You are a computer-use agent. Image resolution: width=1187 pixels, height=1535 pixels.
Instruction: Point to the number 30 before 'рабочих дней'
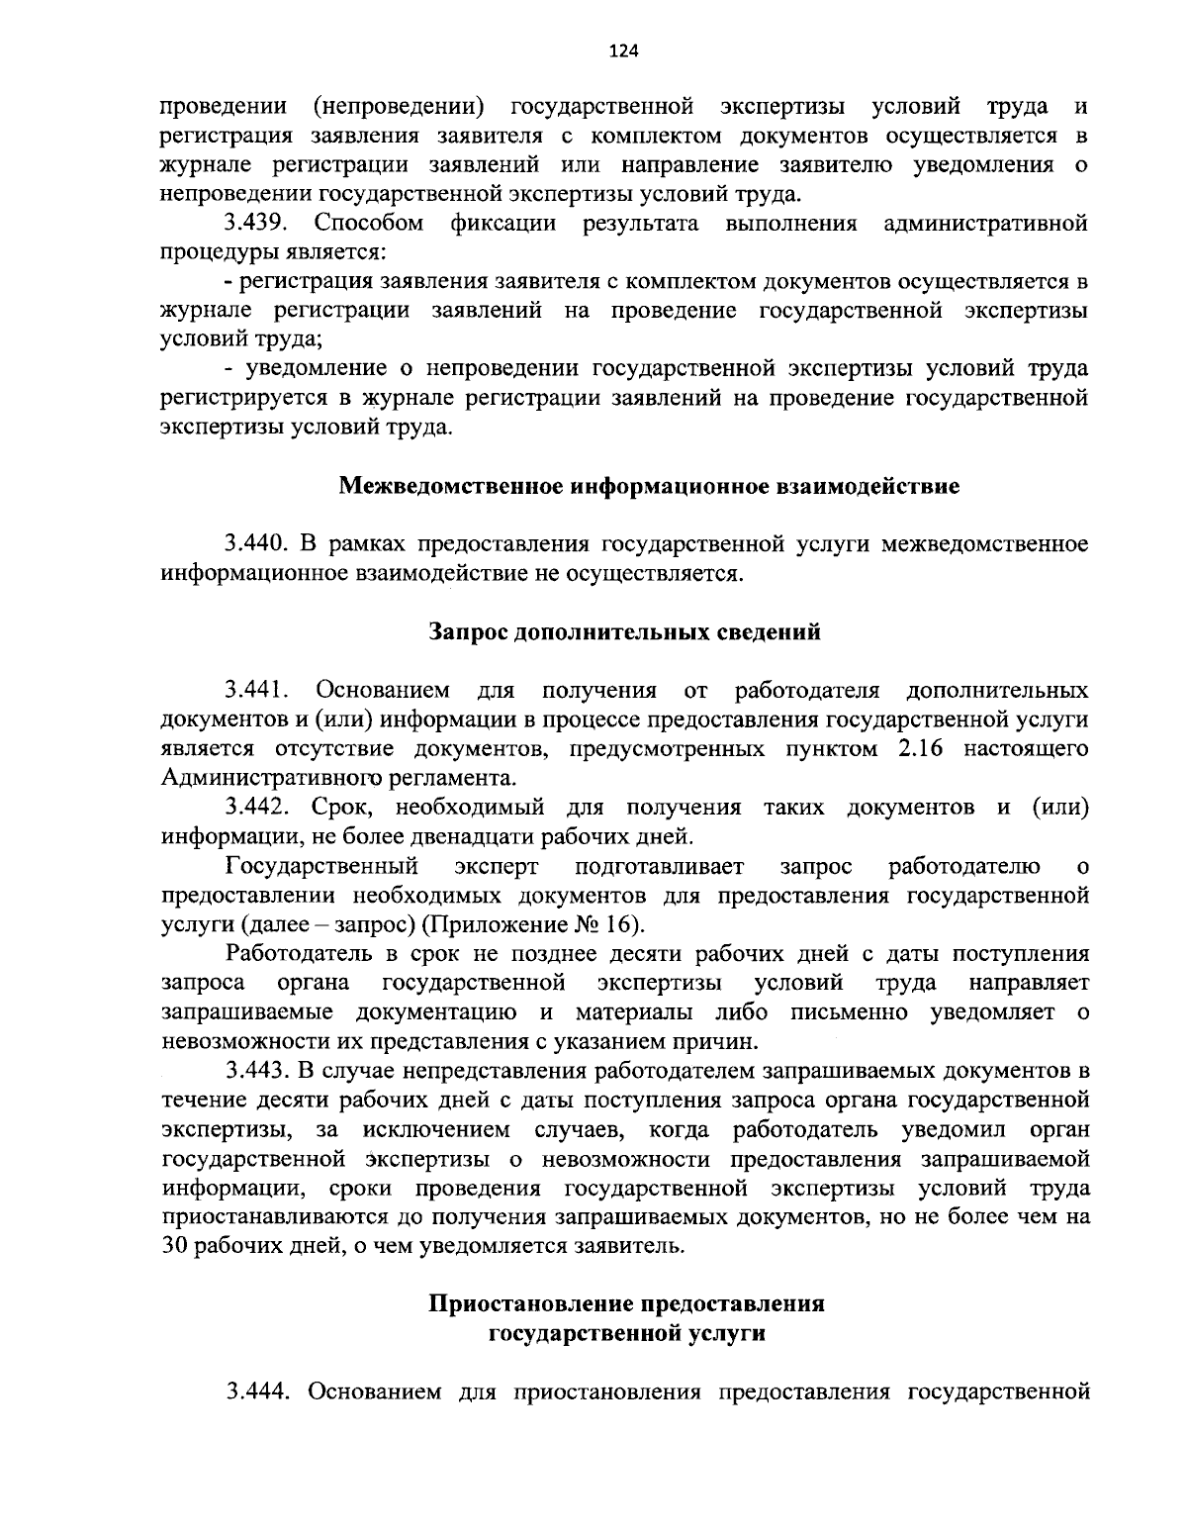point(175,1245)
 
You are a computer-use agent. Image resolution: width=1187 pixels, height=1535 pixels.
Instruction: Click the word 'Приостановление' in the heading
point(529,1303)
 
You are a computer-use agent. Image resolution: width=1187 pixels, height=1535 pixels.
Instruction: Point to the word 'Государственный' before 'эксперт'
point(320,867)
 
